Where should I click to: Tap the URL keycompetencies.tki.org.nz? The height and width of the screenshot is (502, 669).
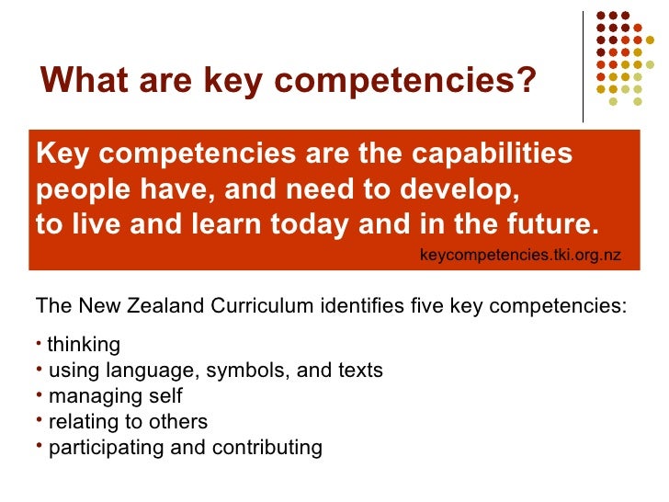pos(520,255)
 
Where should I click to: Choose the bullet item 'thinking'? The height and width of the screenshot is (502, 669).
pos(84,345)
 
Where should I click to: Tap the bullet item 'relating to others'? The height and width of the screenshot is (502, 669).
pos(128,422)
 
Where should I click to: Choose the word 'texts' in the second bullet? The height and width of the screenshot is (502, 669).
pos(362,371)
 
